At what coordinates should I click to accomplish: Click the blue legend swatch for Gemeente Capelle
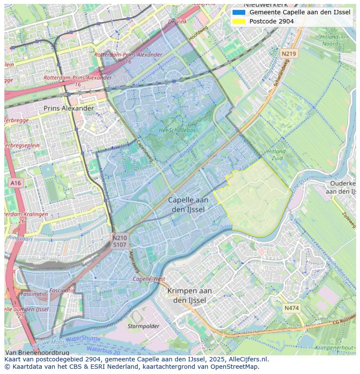click(239, 13)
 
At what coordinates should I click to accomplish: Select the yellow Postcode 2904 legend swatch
click(239, 21)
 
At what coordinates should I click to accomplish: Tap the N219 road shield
click(288, 54)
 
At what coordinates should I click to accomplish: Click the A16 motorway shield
click(15, 183)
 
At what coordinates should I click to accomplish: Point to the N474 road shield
click(291, 308)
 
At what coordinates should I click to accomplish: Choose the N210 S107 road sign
click(120, 241)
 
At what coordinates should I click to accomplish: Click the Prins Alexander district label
click(68, 108)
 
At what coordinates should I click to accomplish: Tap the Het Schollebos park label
click(177, 130)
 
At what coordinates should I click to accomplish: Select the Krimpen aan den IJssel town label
click(192, 295)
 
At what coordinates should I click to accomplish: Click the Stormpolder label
click(143, 326)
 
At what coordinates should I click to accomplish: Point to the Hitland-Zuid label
click(277, 155)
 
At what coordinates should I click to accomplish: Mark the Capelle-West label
click(149, 279)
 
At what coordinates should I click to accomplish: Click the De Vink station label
click(177, 21)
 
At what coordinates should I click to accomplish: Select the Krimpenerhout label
click(334, 348)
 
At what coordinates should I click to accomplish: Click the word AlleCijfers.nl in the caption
click(247, 359)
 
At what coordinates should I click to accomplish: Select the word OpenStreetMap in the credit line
click(234, 367)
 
